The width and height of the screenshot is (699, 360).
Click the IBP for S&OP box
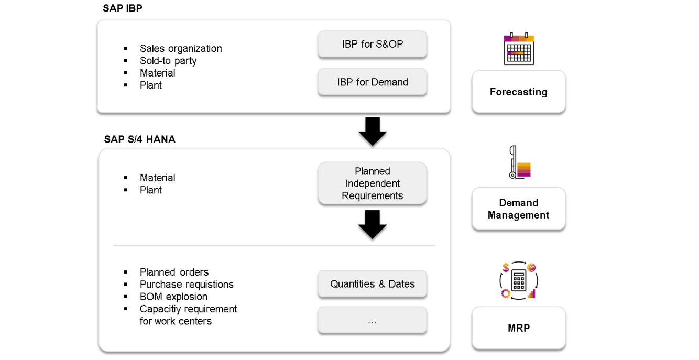coord(372,44)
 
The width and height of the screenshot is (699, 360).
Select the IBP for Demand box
coord(372,82)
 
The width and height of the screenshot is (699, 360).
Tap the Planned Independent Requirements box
coord(372,183)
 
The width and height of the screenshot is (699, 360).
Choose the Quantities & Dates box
coord(372,284)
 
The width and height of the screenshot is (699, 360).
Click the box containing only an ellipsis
coord(372,320)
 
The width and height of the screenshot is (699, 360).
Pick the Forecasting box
coord(519,92)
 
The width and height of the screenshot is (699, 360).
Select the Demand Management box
coord(519,209)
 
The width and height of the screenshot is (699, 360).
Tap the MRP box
coord(519,328)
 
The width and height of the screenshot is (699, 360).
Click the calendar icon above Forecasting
coord(519,49)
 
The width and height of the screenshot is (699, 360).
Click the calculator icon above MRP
coord(519,280)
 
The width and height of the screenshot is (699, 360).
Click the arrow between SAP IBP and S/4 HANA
coord(372,132)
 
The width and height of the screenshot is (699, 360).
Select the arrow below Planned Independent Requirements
coord(372,225)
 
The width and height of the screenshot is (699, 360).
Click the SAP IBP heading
coord(122,8)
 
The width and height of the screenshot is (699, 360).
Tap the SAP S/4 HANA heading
coord(140,139)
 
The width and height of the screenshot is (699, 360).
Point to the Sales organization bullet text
coord(181,48)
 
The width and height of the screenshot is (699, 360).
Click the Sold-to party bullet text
coord(168,60)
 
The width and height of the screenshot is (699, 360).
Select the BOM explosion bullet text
coord(173,297)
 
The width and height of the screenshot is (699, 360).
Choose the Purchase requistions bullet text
coord(187,284)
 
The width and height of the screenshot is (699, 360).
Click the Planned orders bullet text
coord(174,272)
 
